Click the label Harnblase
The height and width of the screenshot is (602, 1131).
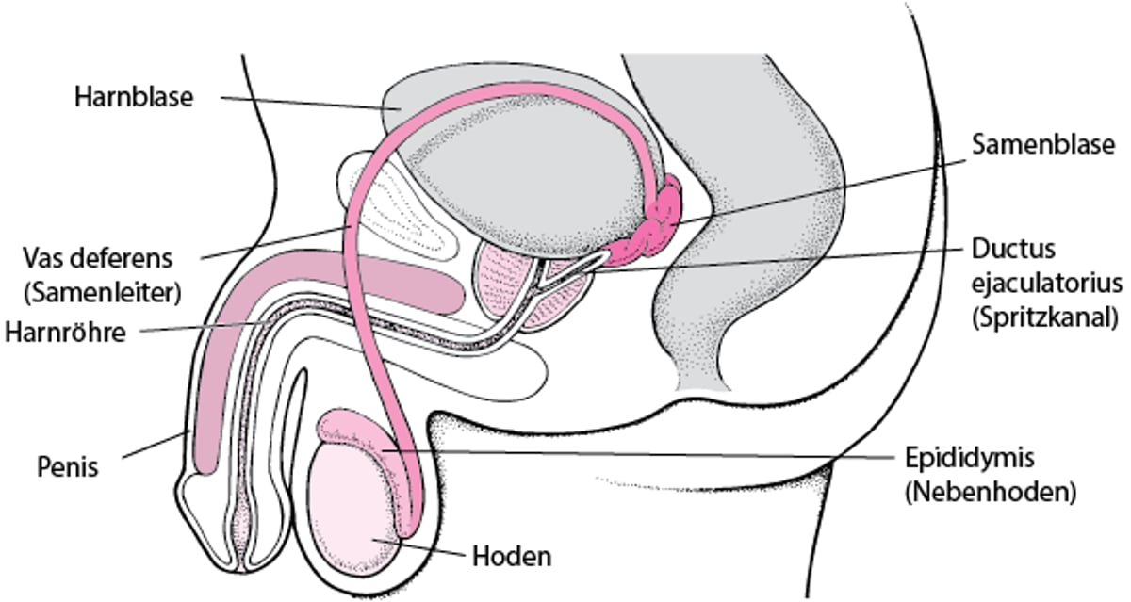(x=135, y=96)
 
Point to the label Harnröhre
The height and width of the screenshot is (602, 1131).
(x=65, y=332)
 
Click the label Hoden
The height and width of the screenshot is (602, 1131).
(x=511, y=556)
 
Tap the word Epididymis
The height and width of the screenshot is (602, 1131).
(x=964, y=459)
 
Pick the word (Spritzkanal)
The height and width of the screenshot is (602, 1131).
(x=1043, y=317)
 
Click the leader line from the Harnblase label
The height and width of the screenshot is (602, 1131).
(x=302, y=103)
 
